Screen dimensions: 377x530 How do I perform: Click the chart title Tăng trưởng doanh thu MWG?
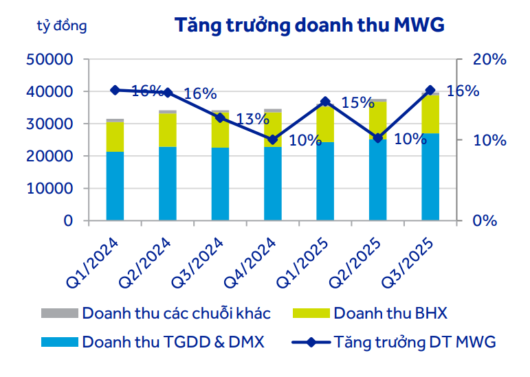pyautogui.click(x=309, y=25)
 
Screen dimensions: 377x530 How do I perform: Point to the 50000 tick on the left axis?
pyautogui.click(x=49, y=60)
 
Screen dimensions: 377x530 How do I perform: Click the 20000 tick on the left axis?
pyautogui.click(x=49, y=157)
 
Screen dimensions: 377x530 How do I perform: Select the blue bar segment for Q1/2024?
pyautogui.click(x=115, y=186)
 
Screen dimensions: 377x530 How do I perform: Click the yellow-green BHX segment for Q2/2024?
pyautogui.click(x=168, y=130)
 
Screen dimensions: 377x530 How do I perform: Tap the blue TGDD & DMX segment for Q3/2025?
pyautogui.click(x=430, y=177)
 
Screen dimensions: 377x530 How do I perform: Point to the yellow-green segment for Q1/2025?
pyautogui.click(x=325, y=124)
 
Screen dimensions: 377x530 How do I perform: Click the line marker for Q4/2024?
pyautogui.click(x=273, y=139)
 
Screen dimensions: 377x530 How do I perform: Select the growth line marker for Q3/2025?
pyautogui.click(x=430, y=91)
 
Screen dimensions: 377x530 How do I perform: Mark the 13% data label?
pyautogui.click(x=252, y=119)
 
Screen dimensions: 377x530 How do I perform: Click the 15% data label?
pyautogui.click(x=357, y=103)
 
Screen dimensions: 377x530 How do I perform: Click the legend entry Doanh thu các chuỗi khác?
pyautogui.click(x=176, y=314)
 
